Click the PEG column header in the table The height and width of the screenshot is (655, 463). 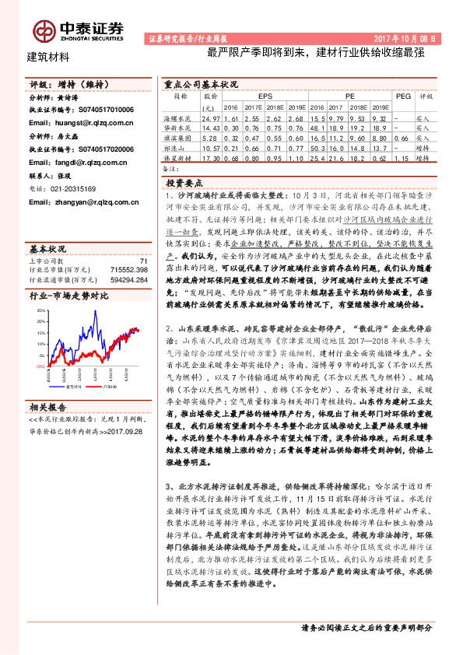click(403, 96)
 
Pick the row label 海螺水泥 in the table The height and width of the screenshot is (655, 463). click(180, 117)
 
